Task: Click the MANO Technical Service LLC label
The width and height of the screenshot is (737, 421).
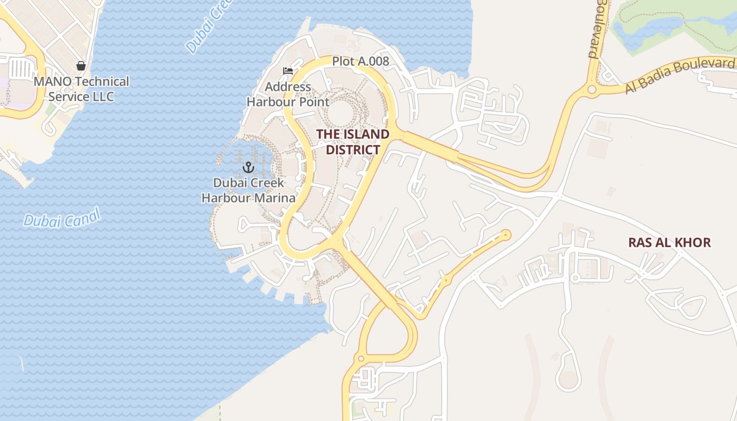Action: click(81, 89)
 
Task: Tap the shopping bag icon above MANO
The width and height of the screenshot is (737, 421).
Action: click(81, 66)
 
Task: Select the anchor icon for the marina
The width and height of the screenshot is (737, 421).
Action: click(248, 168)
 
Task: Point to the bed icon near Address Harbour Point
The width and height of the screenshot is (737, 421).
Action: click(288, 71)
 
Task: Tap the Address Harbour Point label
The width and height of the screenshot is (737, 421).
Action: click(288, 94)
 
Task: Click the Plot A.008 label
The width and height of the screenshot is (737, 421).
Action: click(361, 62)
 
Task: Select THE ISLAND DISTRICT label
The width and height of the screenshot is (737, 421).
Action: click(353, 142)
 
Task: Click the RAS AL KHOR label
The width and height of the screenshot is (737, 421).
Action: click(670, 243)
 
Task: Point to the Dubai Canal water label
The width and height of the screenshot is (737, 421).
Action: click(62, 218)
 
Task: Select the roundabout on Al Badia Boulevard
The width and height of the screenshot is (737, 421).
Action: click(592, 89)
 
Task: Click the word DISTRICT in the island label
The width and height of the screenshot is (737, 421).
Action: click(353, 150)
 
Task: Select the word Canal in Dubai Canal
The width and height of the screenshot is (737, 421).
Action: click(78, 216)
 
